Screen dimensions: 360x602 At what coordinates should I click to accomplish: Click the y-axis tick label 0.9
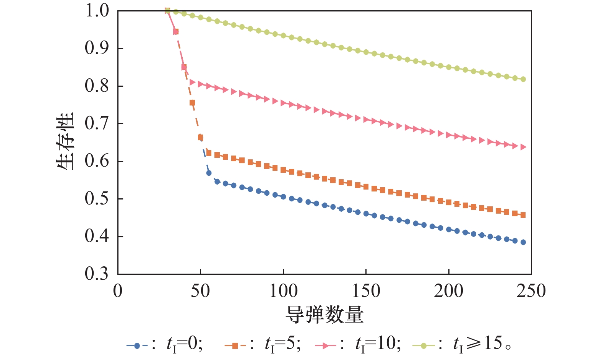pyautogui.click(x=97, y=48)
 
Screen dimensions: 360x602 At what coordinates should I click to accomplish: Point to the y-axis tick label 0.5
pyautogui.click(x=97, y=199)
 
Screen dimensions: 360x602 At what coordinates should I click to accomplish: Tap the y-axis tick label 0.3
pyautogui.click(x=97, y=274)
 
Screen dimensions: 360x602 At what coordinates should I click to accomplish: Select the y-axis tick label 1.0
pyautogui.click(x=97, y=11)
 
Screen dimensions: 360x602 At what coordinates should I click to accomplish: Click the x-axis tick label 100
pyautogui.click(x=283, y=291)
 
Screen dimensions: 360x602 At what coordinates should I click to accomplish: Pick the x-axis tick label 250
pyautogui.click(x=531, y=291)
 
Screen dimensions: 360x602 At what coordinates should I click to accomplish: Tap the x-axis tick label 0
pyautogui.click(x=118, y=291)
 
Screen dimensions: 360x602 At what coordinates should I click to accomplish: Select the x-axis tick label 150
pyautogui.click(x=366, y=291)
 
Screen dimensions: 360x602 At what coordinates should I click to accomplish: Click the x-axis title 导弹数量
pyautogui.click(x=324, y=315)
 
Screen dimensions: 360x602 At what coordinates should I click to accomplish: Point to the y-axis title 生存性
pyautogui.click(x=65, y=141)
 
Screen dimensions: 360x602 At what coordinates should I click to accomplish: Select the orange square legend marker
pyautogui.click(x=235, y=346)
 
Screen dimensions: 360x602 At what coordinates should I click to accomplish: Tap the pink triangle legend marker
pyautogui.click(x=326, y=346)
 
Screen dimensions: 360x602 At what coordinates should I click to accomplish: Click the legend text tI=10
pyautogui.click(x=378, y=344)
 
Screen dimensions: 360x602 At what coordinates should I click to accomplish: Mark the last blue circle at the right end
pyautogui.click(x=523, y=242)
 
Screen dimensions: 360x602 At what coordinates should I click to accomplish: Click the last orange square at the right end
pyautogui.click(x=523, y=215)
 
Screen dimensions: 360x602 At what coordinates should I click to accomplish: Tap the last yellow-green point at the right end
pyautogui.click(x=523, y=79)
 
